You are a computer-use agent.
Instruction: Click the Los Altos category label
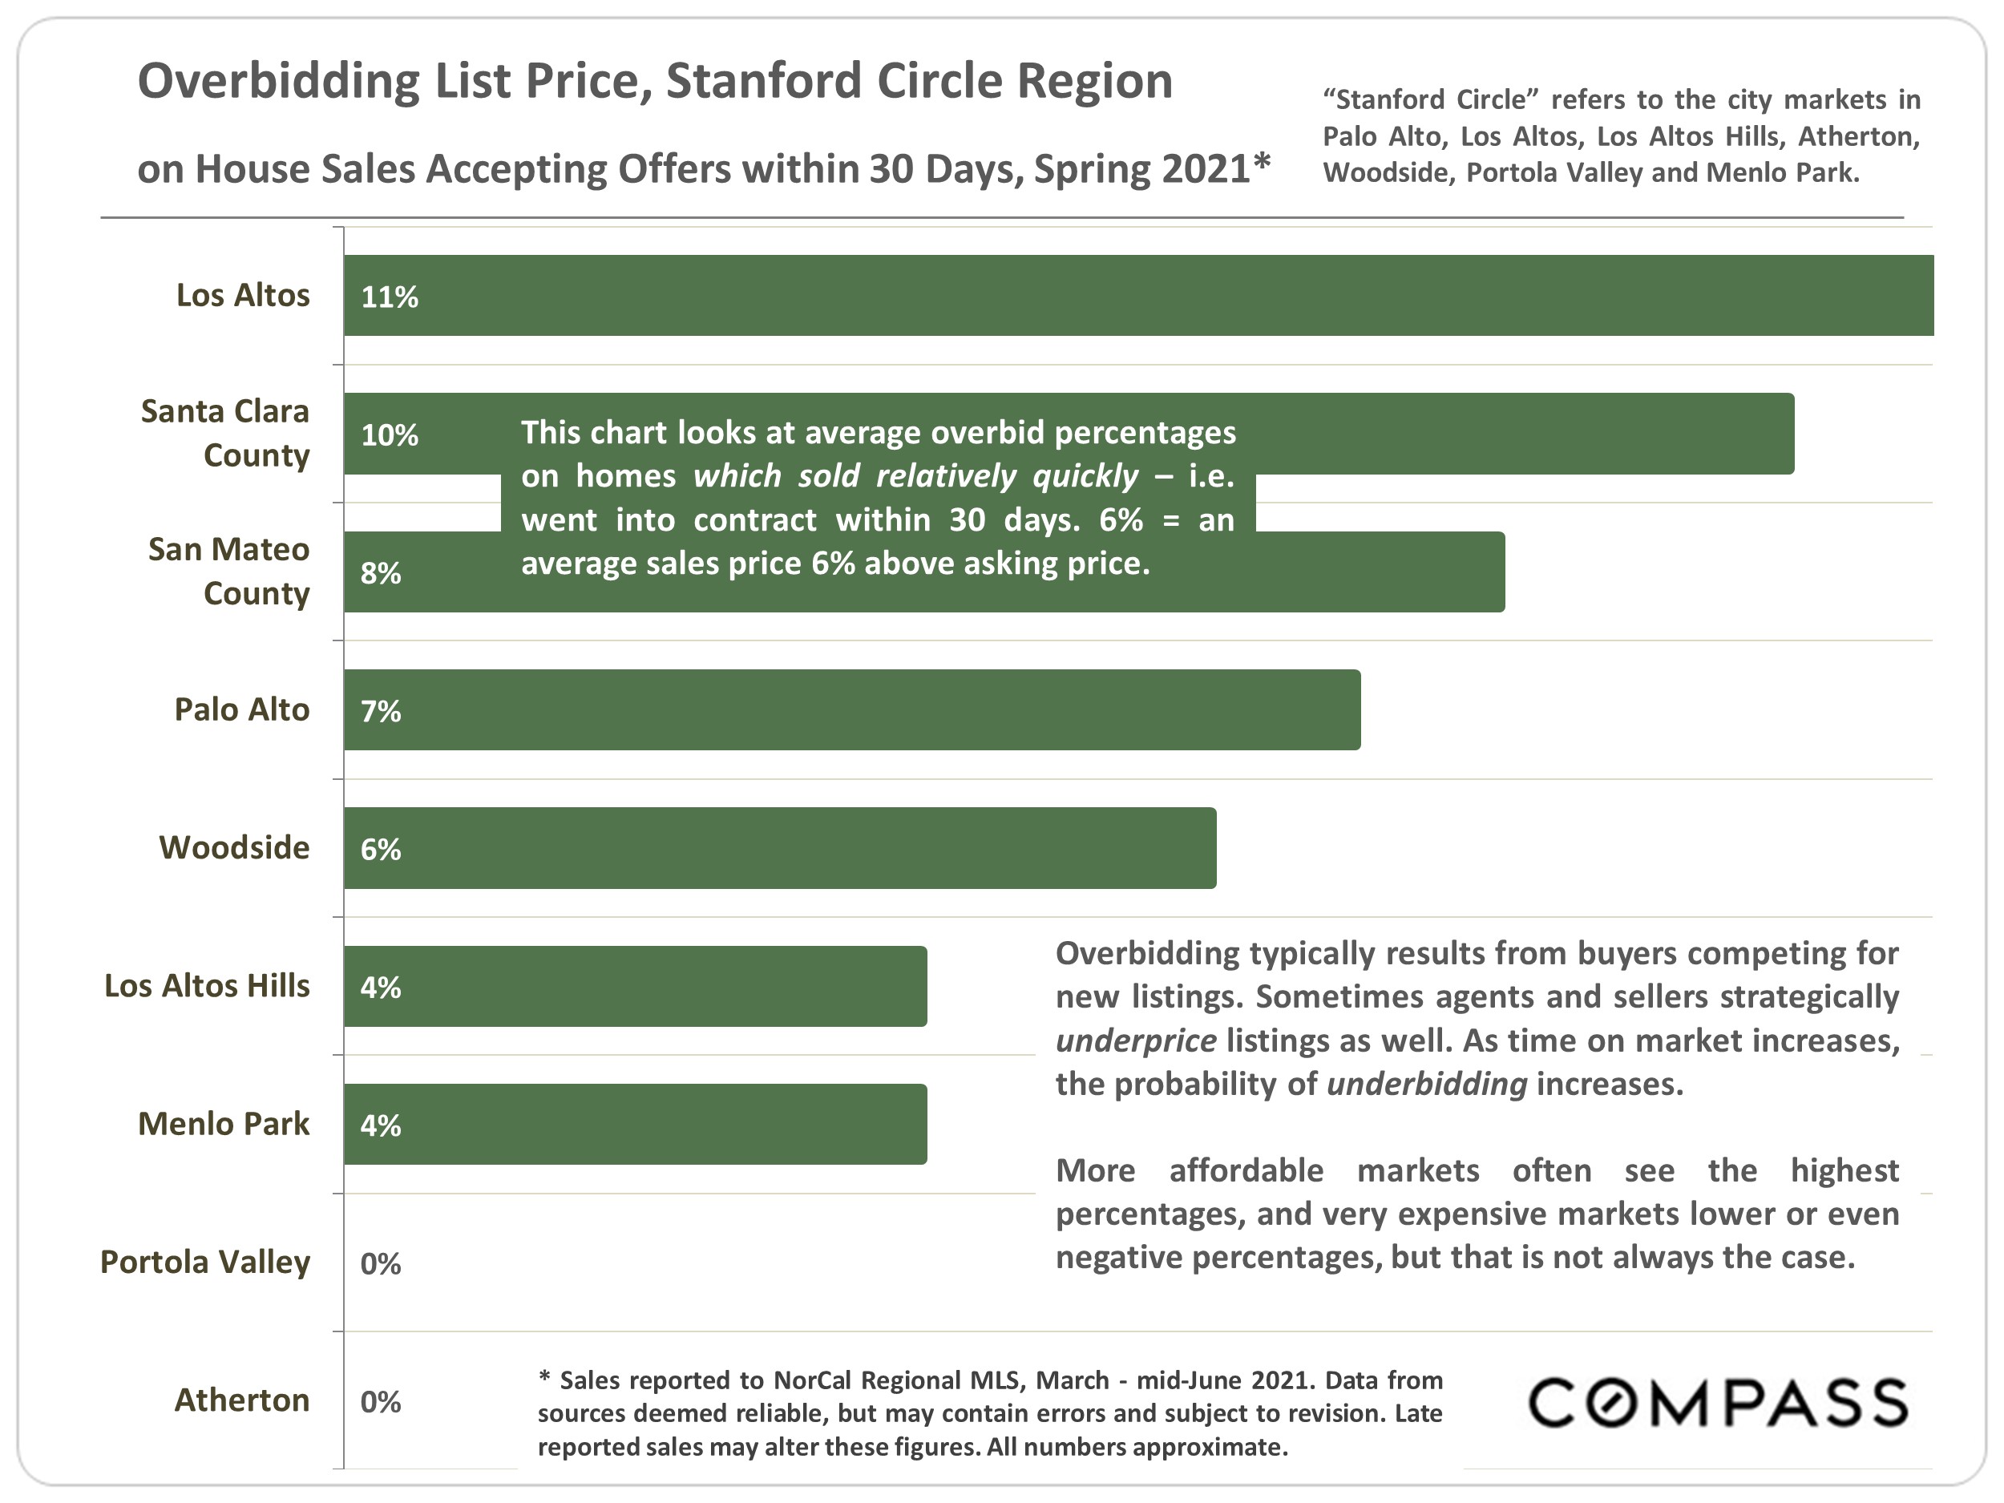pyautogui.click(x=242, y=295)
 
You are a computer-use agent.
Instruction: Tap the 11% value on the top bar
pyautogui.click(x=389, y=297)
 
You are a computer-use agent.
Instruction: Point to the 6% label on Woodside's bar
pyautogui.click(x=380, y=850)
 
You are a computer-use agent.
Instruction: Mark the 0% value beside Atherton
pyautogui.click(x=380, y=1401)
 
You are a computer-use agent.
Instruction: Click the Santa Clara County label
pyautogui.click(x=225, y=433)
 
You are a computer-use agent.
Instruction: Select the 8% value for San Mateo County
pyautogui.click(x=380, y=572)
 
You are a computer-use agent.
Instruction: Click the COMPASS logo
pyautogui.click(x=1718, y=1403)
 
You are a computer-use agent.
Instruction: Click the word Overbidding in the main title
pyautogui.click(x=278, y=82)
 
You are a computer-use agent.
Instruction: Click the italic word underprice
pyautogui.click(x=1135, y=1040)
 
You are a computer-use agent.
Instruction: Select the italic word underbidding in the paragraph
pyautogui.click(x=1426, y=1084)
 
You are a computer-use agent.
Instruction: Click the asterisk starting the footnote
pyautogui.click(x=544, y=1378)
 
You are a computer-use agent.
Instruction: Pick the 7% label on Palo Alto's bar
pyautogui.click(x=380, y=711)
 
